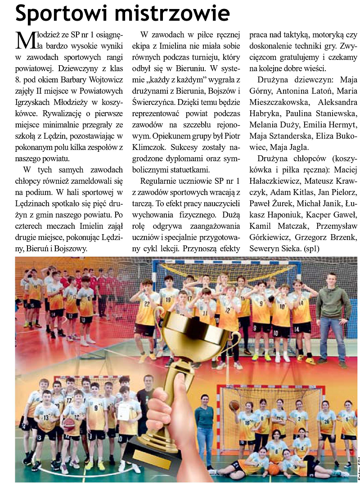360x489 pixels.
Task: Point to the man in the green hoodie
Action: click(333, 315)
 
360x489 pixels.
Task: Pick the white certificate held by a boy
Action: click(123, 410)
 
